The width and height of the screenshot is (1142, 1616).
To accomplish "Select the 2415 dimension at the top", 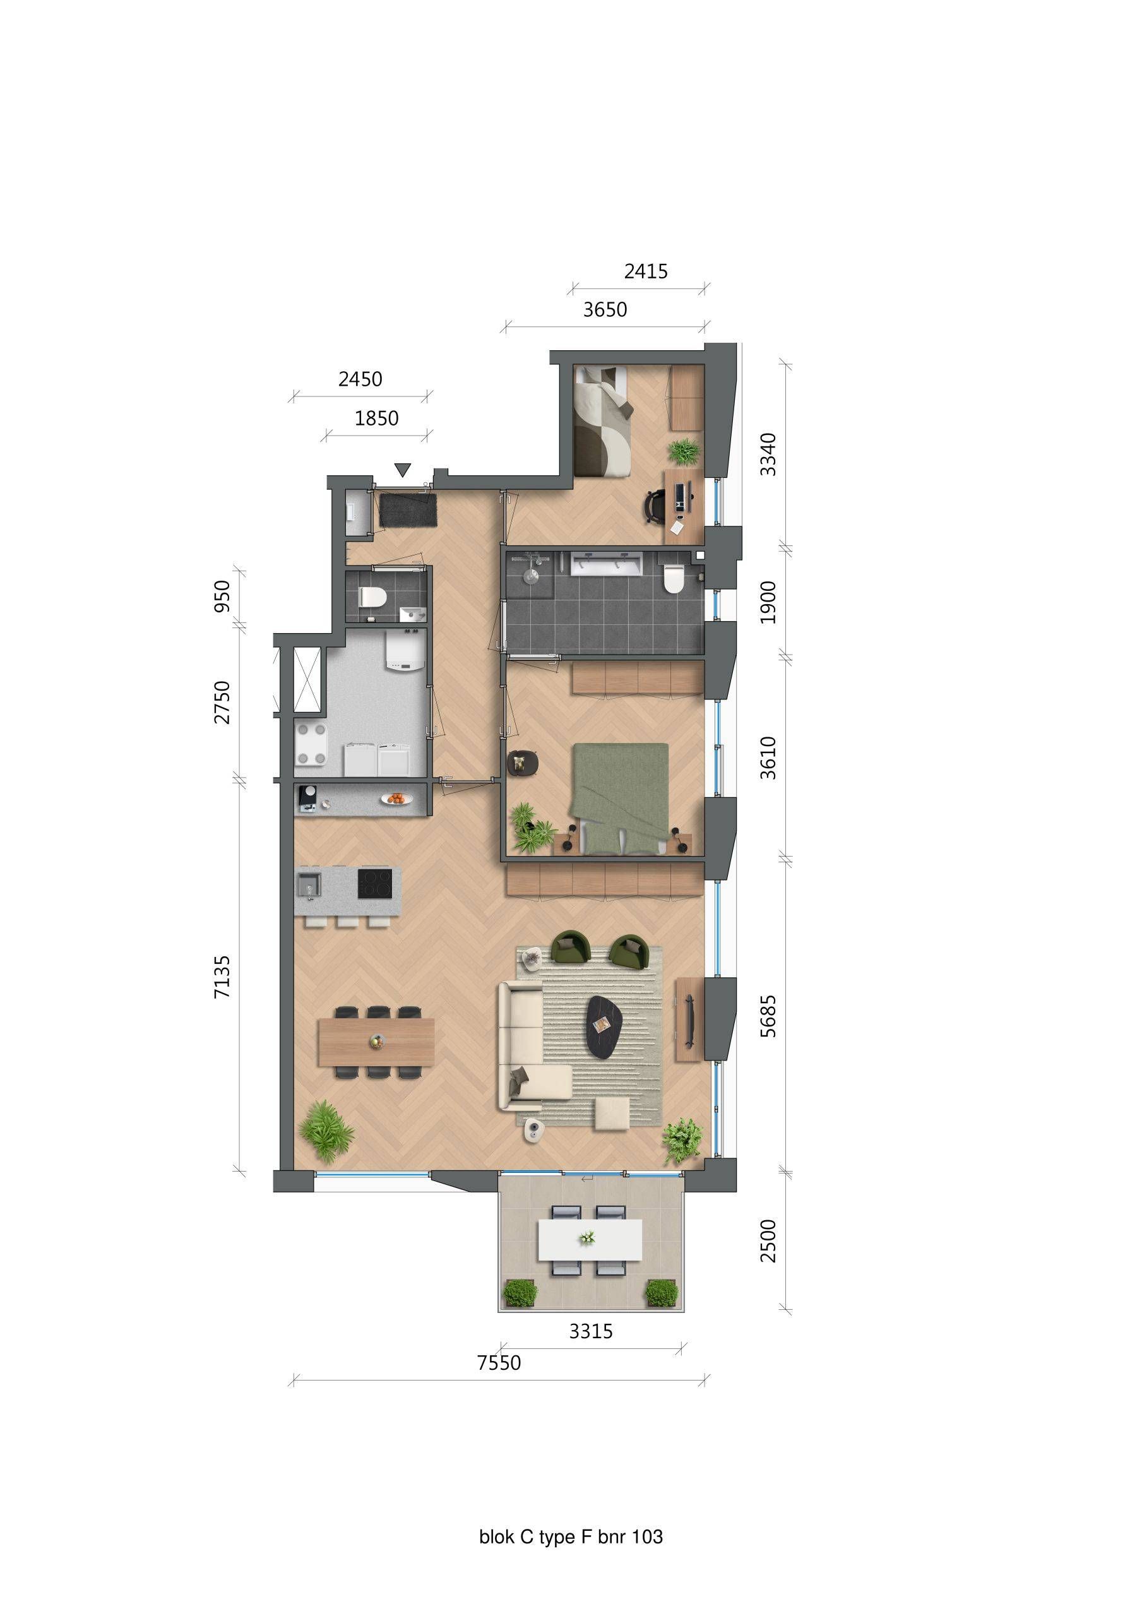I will pyautogui.click(x=646, y=271).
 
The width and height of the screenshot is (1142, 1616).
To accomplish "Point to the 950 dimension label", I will pyautogui.click(x=222, y=597).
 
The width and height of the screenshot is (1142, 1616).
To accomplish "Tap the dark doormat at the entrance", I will pyautogui.click(x=408, y=509).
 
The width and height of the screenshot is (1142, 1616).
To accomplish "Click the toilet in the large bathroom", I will pyautogui.click(x=673, y=579).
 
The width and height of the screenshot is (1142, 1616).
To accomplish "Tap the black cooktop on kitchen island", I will pyautogui.click(x=374, y=884).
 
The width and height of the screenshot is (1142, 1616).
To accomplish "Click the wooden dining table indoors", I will pyautogui.click(x=377, y=1042).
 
